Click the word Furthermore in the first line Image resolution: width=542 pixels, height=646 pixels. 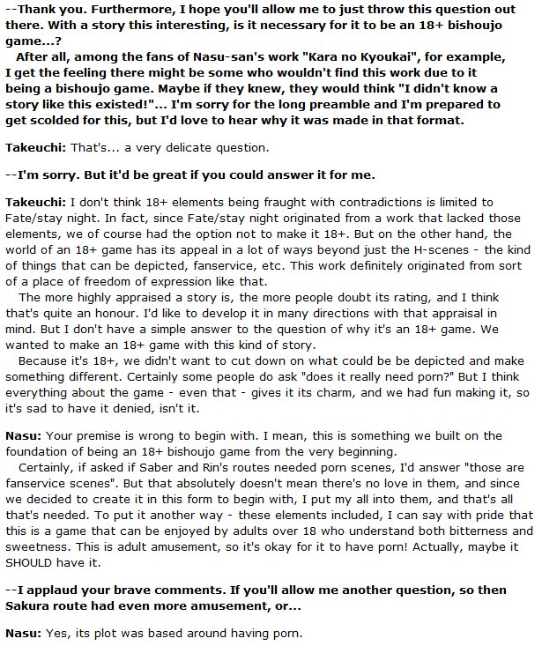pos(121,11)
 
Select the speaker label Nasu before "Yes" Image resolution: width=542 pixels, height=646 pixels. pos(20,632)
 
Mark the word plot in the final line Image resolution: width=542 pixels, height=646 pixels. pos(104,632)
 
